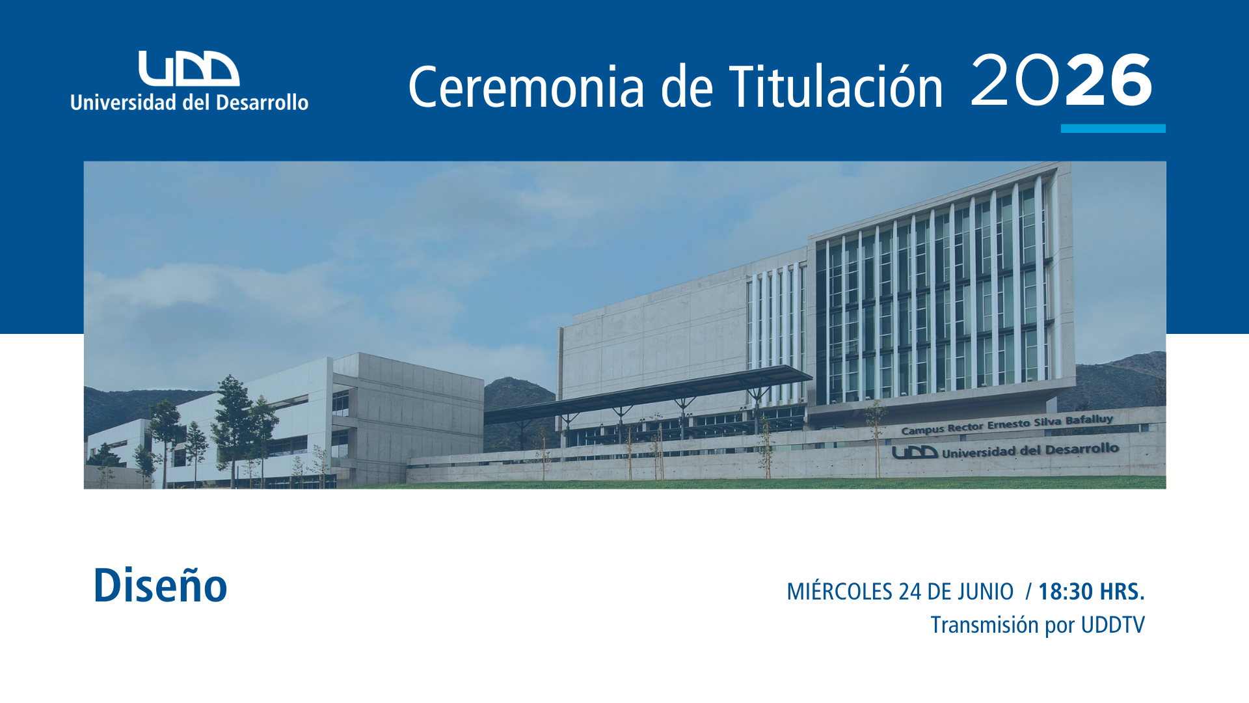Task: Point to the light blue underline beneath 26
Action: coord(1113,128)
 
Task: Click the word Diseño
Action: coord(160,585)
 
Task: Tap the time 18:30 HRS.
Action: coord(1091,591)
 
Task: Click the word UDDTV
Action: coord(1112,624)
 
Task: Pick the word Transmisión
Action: coord(984,625)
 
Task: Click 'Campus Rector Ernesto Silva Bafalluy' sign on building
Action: coord(1007,424)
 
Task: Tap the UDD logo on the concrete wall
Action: coord(915,452)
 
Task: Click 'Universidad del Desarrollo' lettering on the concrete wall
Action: coord(1030,450)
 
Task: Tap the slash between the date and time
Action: coord(1028,591)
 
